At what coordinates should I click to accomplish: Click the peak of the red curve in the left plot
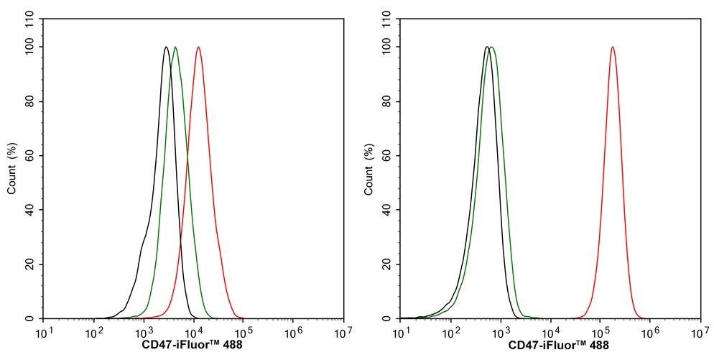(x=198, y=47)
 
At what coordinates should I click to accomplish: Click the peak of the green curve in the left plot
(x=175, y=47)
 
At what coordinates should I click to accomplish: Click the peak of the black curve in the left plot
(x=166, y=47)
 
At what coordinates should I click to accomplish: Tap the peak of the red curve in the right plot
(x=612, y=47)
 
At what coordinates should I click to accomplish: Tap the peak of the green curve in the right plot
(x=492, y=47)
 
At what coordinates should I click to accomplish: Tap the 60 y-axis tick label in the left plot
(x=32, y=155)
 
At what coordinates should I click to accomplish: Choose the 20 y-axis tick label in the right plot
(x=389, y=264)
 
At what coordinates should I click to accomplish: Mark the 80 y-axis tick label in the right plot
(x=389, y=101)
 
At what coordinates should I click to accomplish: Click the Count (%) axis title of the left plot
(x=12, y=169)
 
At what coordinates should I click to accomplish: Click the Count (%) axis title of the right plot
(x=369, y=169)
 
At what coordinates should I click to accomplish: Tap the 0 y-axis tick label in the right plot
(x=391, y=318)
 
